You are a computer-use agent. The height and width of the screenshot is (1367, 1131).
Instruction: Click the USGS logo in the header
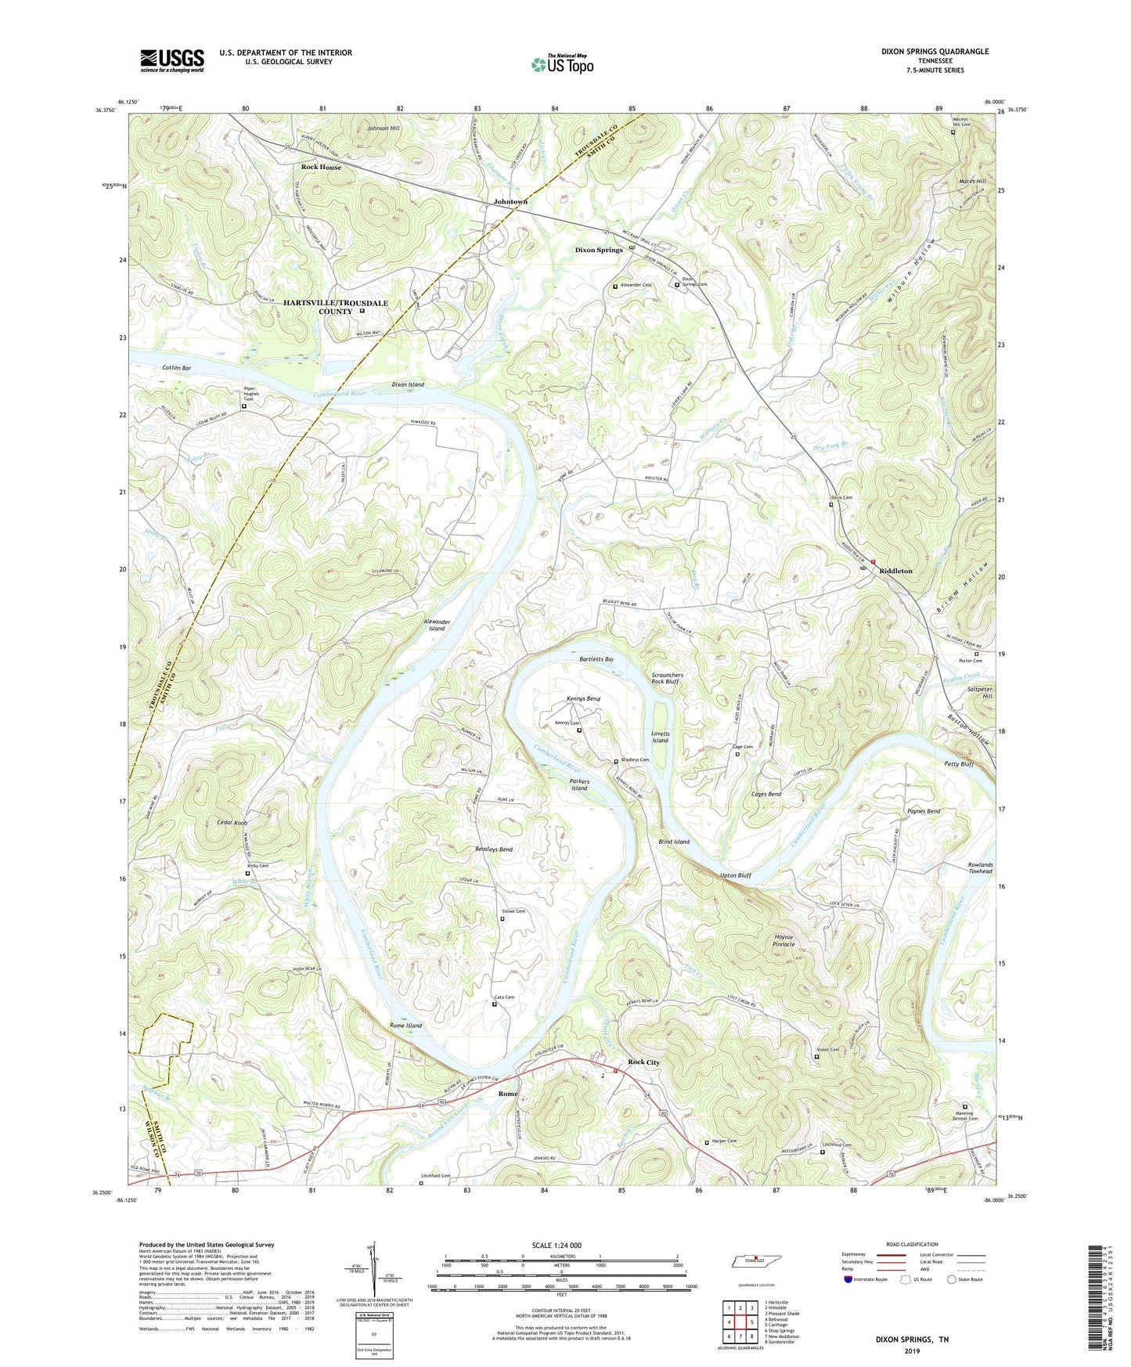point(171,60)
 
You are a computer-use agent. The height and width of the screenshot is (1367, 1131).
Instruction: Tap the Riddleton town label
point(895,571)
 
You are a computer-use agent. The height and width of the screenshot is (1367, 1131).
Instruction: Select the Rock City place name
point(643,1062)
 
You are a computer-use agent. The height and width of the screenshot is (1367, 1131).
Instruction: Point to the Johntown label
point(510,201)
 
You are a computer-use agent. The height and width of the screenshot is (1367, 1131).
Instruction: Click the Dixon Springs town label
point(599,250)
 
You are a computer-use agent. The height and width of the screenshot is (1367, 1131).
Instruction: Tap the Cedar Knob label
point(232,823)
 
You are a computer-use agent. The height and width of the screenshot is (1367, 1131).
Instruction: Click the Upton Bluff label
point(735,875)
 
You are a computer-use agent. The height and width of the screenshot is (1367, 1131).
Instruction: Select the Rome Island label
point(405,1025)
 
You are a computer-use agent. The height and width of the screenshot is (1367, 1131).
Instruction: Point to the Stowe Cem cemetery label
point(513,911)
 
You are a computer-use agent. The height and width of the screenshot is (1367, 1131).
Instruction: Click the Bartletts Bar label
point(596,659)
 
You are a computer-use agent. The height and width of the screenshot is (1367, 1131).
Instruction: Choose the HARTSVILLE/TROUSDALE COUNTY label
point(335,307)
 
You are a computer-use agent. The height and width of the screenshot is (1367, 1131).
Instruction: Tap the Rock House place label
point(321,167)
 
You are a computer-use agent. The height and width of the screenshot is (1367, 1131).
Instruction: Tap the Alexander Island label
point(436,624)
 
